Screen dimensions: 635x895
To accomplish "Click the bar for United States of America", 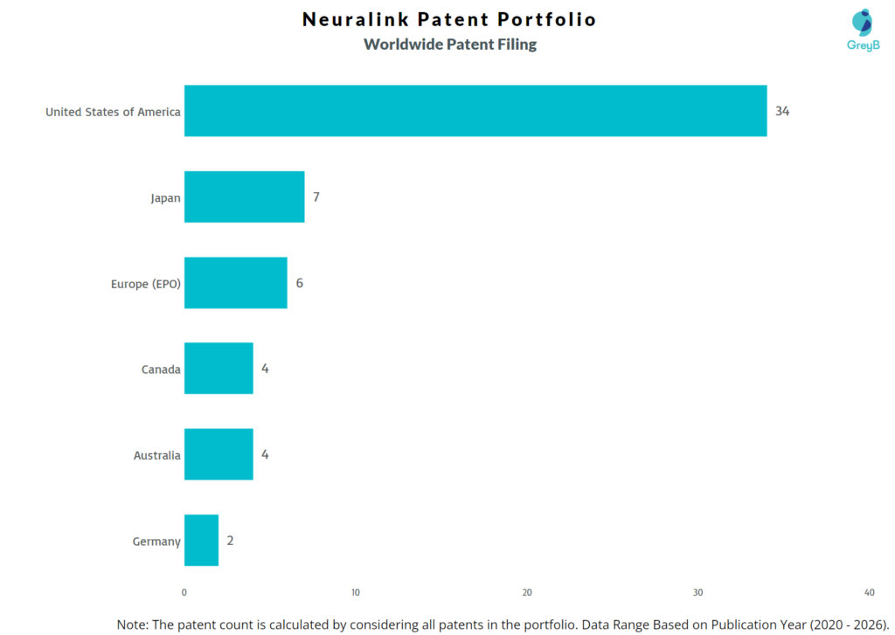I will pyautogui.click(x=475, y=111).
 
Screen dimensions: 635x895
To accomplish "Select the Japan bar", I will pyautogui.click(x=244, y=197).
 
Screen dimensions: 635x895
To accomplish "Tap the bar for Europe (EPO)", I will pyautogui.click(x=235, y=283).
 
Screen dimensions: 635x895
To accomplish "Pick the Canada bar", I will pyautogui.click(x=219, y=369).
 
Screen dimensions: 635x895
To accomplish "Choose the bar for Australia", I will pyautogui.click(x=219, y=454).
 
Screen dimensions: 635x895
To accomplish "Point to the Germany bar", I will pyautogui.click(x=201, y=540).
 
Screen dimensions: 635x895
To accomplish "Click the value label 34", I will pyautogui.click(x=782, y=111).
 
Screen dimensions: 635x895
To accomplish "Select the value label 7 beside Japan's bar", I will pyautogui.click(x=316, y=197).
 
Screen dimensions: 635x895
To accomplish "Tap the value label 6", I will pyautogui.click(x=299, y=283).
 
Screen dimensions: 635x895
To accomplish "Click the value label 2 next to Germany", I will pyautogui.click(x=230, y=540).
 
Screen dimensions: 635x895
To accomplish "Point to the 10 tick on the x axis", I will pyautogui.click(x=356, y=592).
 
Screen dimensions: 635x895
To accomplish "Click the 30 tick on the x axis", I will pyautogui.click(x=697, y=592).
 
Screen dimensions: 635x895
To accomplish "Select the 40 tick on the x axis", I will pyautogui.click(x=868, y=592).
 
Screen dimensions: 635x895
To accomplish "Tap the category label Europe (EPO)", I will pyautogui.click(x=145, y=284).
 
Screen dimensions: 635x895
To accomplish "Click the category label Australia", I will pyautogui.click(x=156, y=455).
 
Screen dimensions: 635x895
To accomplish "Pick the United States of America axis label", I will pyautogui.click(x=113, y=112).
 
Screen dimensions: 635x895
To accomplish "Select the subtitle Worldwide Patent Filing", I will pyautogui.click(x=450, y=45).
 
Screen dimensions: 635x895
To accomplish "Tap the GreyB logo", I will pyautogui.click(x=862, y=30).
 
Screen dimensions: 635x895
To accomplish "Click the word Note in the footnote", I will pyautogui.click(x=132, y=624).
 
